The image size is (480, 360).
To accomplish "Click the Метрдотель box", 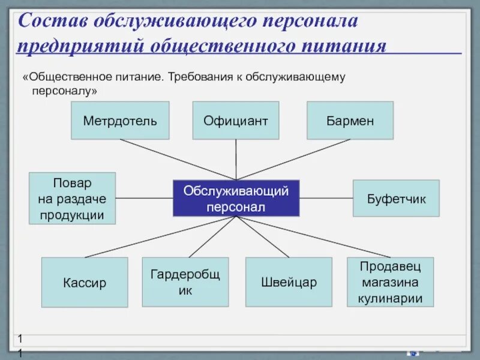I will (120, 121).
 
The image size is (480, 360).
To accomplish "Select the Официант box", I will (236, 121).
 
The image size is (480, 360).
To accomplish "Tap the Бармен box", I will (350, 121).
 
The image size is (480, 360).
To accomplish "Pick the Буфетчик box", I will (396, 198).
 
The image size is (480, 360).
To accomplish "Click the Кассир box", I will (85, 282).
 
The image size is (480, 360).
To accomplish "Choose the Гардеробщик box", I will (185, 282).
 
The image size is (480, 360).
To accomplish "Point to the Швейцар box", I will (289, 282).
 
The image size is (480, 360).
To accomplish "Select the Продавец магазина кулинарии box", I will (391, 282).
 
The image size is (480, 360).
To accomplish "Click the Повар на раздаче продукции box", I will (72, 198).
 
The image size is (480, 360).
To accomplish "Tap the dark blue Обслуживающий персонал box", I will (236, 198).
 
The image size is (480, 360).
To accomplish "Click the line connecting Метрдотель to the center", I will (178, 160).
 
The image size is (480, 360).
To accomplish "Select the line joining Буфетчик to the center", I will (326, 198).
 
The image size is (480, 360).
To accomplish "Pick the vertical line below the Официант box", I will (236, 159).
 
